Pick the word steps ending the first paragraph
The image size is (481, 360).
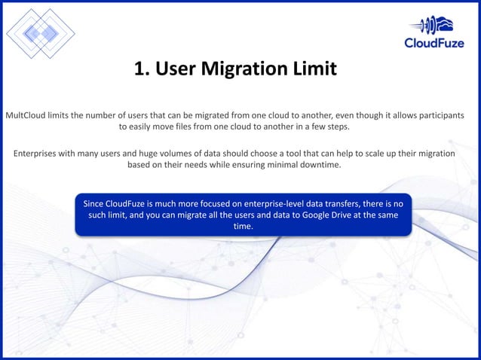337,127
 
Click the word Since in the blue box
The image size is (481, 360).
96,203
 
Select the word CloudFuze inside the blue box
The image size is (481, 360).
135,203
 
